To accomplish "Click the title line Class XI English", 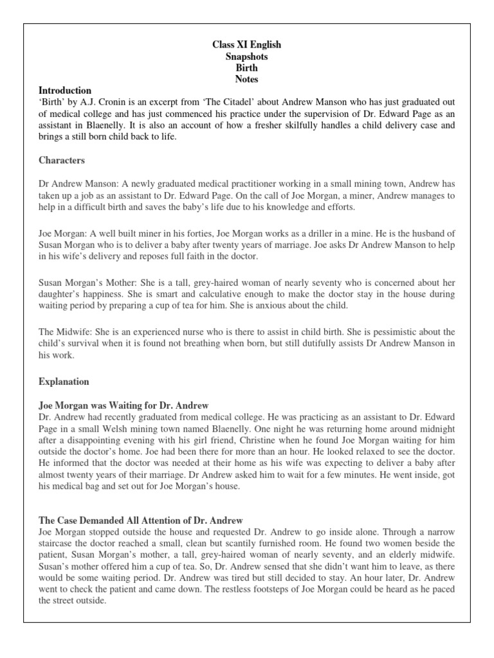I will coord(247,45).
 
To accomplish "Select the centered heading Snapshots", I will coord(247,57).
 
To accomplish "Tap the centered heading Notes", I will coord(247,80).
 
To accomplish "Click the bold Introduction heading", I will coord(65,91).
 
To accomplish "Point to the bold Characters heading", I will coord(62,160).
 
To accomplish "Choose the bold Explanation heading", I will coord(64,382).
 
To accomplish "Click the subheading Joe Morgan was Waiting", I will coord(123,406).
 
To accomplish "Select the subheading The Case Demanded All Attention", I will coord(140,520).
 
